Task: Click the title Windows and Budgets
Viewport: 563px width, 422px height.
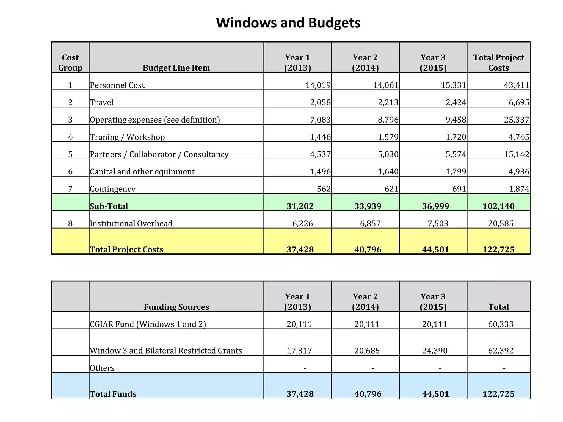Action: tap(288, 23)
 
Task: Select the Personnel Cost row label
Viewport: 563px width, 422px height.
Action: tap(117, 85)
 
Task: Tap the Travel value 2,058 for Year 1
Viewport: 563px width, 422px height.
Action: tap(320, 102)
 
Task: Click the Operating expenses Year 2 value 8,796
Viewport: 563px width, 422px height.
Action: tap(388, 120)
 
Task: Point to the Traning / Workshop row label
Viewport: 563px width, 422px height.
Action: tap(127, 137)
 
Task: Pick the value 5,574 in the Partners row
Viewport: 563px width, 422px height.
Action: tap(456, 154)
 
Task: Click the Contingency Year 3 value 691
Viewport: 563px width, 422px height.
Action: tap(459, 189)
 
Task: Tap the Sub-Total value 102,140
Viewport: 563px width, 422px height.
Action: tap(498, 206)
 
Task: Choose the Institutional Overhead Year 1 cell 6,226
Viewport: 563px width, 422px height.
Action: tap(302, 223)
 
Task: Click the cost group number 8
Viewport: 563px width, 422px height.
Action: tap(70, 223)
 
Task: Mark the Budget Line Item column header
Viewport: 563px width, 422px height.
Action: tap(176, 68)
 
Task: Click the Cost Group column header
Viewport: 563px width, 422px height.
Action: tap(70, 63)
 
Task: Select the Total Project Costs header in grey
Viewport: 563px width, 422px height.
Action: tap(498, 63)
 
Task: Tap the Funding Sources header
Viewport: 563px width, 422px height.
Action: tap(176, 307)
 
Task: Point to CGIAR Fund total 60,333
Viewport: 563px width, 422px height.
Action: tap(501, 324)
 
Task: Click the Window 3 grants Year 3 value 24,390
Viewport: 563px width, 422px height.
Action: tap(435, 351)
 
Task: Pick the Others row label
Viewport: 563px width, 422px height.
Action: tap(102, 368)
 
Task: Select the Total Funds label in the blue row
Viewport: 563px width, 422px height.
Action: tap(113, 394)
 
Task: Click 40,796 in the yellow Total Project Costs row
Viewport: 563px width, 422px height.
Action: tap(368, 249)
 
